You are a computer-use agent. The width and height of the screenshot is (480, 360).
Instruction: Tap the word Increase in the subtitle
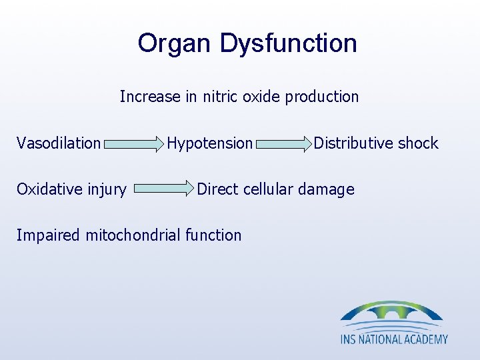(150, 97)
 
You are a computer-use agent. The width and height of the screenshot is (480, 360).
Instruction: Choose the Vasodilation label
(59, 143)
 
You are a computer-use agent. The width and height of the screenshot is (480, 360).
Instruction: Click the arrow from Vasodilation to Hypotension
(134, 143)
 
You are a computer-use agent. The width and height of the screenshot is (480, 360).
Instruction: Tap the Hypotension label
(210, 143)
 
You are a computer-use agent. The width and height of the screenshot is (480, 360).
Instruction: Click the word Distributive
(353, 143)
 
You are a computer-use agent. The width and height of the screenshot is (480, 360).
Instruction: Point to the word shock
(418, 143)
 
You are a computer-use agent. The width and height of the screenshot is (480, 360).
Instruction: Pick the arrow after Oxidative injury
(163, 189)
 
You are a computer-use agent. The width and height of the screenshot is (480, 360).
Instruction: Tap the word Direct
(218, 189)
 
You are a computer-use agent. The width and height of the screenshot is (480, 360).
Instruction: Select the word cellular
(269, 189)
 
